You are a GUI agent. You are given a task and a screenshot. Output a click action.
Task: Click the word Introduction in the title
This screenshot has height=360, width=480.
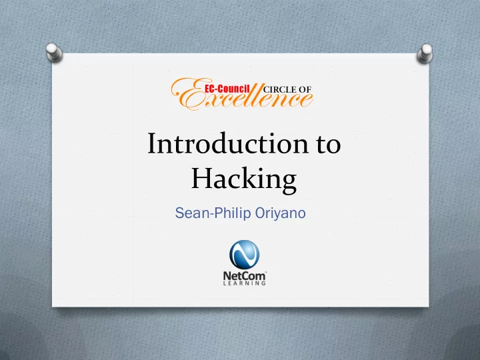click(x=228, y=143)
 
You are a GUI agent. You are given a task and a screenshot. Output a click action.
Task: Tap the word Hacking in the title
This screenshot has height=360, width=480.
click(x=244, y=180)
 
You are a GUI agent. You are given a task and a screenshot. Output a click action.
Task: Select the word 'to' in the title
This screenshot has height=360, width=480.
click(x=329, y=145)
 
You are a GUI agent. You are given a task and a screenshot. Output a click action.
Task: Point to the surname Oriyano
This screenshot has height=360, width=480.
click(x=280, y=214)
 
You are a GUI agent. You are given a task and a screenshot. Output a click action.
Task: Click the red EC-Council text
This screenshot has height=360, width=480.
click(x=227, y=89)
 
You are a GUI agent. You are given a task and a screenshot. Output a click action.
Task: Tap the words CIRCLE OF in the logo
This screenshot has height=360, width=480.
click(x=287, y=89)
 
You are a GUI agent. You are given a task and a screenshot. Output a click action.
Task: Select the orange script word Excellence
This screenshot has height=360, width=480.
click(x=242, y=95)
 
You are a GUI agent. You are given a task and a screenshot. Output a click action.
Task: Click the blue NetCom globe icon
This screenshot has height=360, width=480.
click(x=244, y=255)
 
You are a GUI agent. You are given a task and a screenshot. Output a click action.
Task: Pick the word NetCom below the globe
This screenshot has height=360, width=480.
click(x=244, y=275)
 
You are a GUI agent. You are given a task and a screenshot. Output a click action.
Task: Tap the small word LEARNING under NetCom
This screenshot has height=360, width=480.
click(x=244, y=283)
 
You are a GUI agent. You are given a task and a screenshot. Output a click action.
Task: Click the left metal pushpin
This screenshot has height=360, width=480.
click(x=54, y=52)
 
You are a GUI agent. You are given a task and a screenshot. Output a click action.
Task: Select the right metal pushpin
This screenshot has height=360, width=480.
click(x=425, y=53)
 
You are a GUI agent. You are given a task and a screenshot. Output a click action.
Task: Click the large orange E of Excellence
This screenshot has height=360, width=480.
click(x=187, y=94)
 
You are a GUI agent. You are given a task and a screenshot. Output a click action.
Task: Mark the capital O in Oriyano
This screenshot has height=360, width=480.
click(x=259, y=213)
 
